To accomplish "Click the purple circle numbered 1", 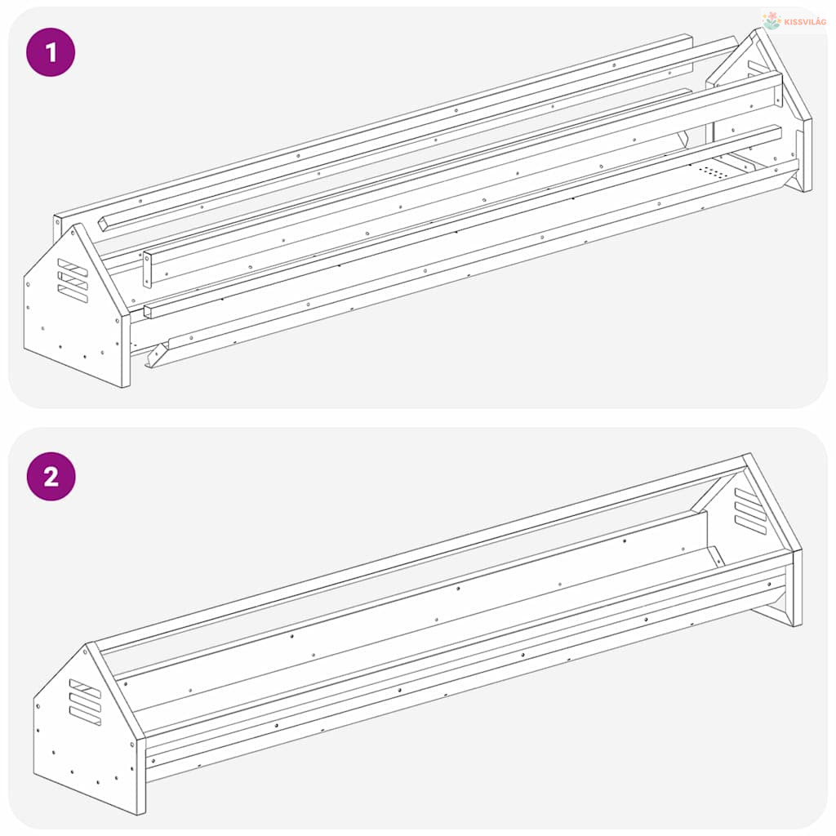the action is click(51, 52).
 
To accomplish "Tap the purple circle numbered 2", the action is click(51, 476).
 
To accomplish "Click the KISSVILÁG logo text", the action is click(805, 22).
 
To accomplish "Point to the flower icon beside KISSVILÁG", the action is click(772, 20).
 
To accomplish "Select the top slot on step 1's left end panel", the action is click(73, 268).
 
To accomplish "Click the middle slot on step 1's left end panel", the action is click(73, 281).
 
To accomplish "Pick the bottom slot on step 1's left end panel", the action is click(73, 294).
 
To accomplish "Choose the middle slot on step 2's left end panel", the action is click(85, 702).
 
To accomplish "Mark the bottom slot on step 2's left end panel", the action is click(85, 715).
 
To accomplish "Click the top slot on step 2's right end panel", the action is click(750, 498).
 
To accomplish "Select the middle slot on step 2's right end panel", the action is click(750, 511).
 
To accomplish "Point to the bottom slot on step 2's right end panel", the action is click(750, 525).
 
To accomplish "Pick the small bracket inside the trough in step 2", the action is click(715, 556).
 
